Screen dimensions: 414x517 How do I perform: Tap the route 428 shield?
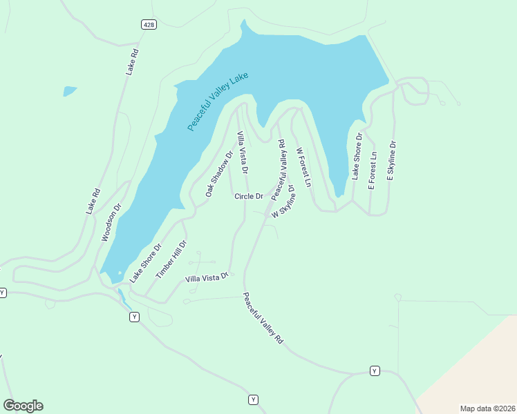tap(149, 24)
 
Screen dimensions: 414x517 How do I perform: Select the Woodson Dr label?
tap(111, 221)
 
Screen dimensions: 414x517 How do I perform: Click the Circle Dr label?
tap(249, 197)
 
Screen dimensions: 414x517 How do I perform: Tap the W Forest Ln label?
tap(303, 167)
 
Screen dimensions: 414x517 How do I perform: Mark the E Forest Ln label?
tap(372, 170)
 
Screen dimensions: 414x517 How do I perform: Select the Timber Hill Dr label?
tap(171, 259)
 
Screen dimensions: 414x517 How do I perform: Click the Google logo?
tap(23, 406)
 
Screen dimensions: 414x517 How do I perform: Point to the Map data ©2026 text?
tap(487, 408)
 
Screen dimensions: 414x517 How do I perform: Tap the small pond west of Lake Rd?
tap(70, 90)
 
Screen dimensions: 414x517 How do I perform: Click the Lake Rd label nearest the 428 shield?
tap(133, 61)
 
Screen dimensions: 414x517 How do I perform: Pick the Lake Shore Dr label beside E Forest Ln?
tap(357, 158)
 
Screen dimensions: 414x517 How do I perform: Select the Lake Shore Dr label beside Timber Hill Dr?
tap(145, 262)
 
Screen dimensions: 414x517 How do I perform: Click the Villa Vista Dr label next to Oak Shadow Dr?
tap(242, 152)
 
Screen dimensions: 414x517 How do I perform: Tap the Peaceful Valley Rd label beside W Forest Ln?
tap(279, 170)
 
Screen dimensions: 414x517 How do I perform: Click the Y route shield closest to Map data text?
tap(375, 371)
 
